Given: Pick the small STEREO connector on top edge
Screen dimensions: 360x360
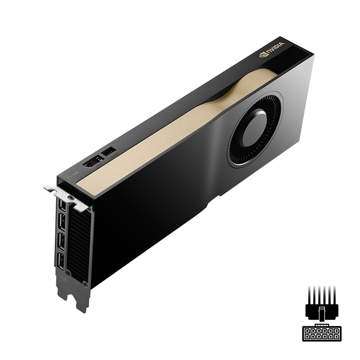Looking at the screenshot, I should (x=109, y=152).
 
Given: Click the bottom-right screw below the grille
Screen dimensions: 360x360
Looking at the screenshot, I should (x=84, y=283).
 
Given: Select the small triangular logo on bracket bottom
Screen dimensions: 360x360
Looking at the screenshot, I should (x=64, y=279).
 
